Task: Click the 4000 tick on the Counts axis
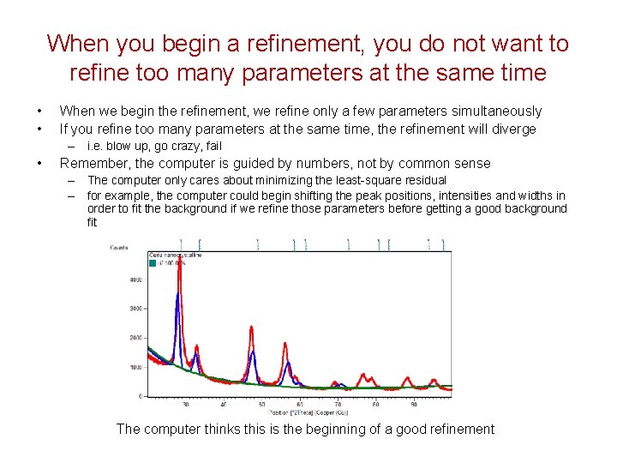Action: tap(135, 280)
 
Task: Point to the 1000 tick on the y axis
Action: tap(135, 367)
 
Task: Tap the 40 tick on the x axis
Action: tap(224, 404)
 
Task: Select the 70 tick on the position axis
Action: tap(338, 404)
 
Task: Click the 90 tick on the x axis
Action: tap(414, 404)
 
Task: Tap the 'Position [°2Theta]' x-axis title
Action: tap(282, 412)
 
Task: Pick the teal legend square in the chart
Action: tap(153, 262)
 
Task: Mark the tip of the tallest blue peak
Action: tap(177, 293)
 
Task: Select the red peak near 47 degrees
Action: tap(251, 327)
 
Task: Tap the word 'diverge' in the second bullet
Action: tap(513, 129)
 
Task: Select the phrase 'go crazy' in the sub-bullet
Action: tap(162, 146)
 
